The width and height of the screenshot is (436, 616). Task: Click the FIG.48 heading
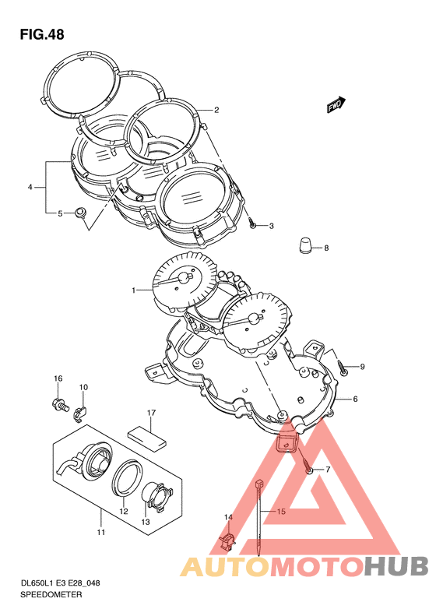click(x=42, y=35)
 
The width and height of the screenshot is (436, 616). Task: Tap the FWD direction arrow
click(x=336, y=105)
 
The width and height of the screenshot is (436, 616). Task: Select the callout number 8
click(x=326, y=248)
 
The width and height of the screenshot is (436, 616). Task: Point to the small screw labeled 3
click(x=253, y=225)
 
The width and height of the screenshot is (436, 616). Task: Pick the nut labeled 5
click(x=80, y=213)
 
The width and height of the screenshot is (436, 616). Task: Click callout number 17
click(x=151, y=413)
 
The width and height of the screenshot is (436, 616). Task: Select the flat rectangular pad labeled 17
click(x=147, y=438)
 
